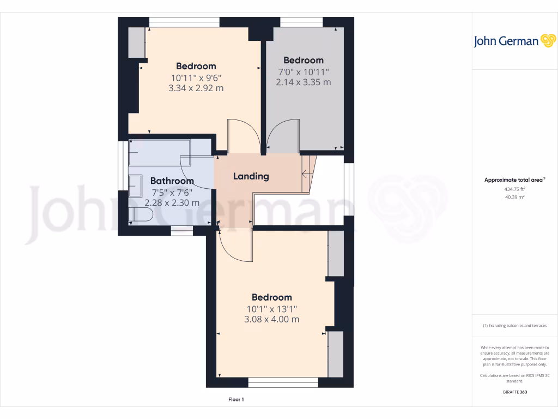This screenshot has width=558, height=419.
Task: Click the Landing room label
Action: [x=251, y=176]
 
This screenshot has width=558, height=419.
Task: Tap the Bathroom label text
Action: [x=172, y=181]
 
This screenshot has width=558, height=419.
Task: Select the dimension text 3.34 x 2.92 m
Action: [x=197, y=88]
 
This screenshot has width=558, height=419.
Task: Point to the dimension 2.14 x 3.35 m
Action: [x=304, y=82]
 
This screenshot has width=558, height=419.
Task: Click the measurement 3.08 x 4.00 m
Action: [x=271, y=319]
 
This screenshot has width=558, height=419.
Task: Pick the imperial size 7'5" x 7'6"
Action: [x=172, y=192]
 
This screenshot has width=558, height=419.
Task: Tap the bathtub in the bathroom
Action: [x=159, y=152]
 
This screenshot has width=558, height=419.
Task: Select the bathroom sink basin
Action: [x=135, y=187]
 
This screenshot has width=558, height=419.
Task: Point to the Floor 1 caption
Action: [x=236, y=400]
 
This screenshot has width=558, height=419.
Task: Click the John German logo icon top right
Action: [x=547, y=41]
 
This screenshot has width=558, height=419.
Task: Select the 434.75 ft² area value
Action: [x=514, y=189]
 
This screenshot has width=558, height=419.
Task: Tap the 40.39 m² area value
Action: [x=514, y=197]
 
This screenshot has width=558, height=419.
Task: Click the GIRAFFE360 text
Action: [x=514, y=392]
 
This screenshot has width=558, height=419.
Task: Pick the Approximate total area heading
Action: [x=514, y=180]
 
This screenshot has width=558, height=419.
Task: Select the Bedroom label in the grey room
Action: [x=304, y=60]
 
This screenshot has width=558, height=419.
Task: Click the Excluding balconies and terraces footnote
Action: [x=514, y=326]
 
